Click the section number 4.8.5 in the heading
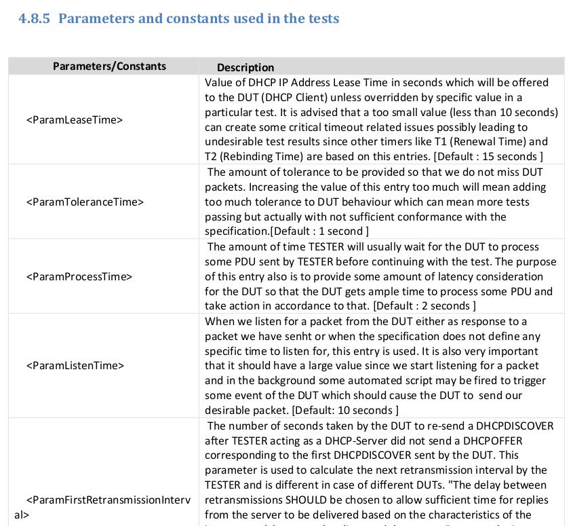35,18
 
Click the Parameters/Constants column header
109,66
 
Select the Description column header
245,67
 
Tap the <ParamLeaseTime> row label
75,120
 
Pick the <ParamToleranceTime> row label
85,202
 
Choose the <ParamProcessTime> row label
79,276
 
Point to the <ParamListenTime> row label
75,366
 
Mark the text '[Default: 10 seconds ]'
345,410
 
